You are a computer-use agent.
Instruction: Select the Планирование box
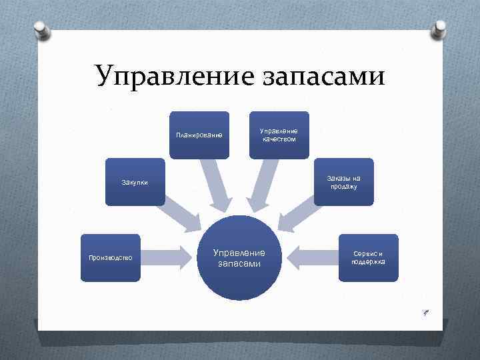[199, 135]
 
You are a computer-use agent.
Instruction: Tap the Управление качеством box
[279, 135]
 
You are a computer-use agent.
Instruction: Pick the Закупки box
[135, 181]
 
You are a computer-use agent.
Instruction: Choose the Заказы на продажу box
[343, 182]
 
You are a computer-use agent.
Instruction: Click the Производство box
[111, 257]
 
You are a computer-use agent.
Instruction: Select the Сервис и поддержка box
[368, 257]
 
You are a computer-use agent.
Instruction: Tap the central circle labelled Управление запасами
[239, 258]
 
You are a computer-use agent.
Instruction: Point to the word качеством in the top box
[279, 139]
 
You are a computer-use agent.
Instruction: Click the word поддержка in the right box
[368, 262]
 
